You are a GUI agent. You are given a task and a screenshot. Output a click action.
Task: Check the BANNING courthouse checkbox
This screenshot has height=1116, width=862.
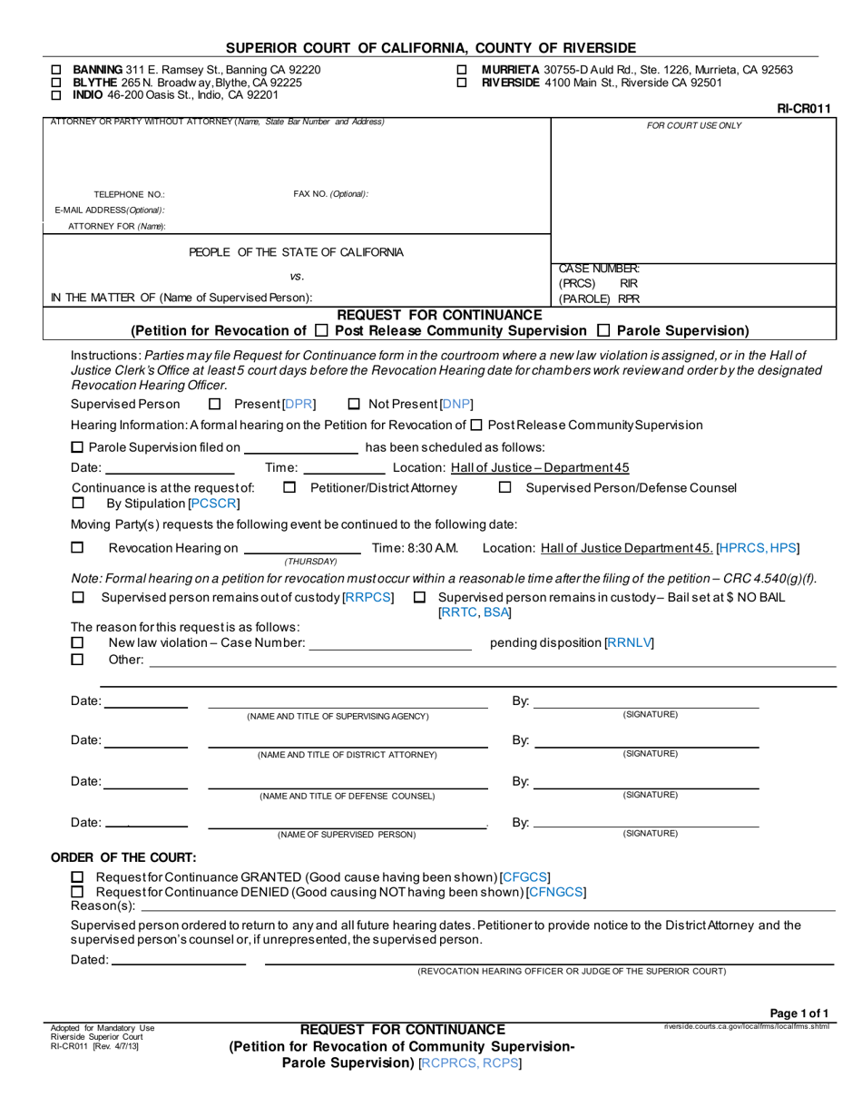point(56,70)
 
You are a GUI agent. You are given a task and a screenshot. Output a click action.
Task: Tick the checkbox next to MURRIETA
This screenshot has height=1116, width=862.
point(462,70)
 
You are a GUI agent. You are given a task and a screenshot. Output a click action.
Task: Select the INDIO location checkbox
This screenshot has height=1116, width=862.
point(56,94)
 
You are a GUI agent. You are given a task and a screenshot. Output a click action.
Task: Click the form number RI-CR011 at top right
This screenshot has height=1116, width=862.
point(804,109)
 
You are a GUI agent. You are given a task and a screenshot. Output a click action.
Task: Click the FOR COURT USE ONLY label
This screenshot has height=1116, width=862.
point(693,125)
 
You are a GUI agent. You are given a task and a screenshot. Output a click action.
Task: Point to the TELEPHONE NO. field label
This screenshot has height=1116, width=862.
point(129,194)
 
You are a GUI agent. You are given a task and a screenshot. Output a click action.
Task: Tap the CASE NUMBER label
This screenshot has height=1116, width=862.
point(599,269)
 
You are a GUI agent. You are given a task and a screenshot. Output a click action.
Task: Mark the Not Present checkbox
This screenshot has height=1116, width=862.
point(355,404)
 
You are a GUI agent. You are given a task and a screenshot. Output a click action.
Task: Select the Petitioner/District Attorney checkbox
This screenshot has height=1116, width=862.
point(289,488)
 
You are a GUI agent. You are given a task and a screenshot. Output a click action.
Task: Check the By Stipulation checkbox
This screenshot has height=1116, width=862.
point(78,503)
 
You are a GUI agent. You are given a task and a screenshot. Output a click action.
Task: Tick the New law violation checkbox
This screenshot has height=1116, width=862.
point(78,642)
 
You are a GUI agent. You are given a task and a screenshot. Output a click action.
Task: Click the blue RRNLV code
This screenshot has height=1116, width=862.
point(629,643)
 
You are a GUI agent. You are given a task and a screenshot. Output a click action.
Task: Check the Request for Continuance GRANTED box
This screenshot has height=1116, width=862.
point(77,876)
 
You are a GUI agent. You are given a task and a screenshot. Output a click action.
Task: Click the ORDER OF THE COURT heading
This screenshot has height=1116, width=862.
point(122,857)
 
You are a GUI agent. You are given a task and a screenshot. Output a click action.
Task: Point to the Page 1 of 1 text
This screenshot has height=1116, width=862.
point(798,1013)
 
